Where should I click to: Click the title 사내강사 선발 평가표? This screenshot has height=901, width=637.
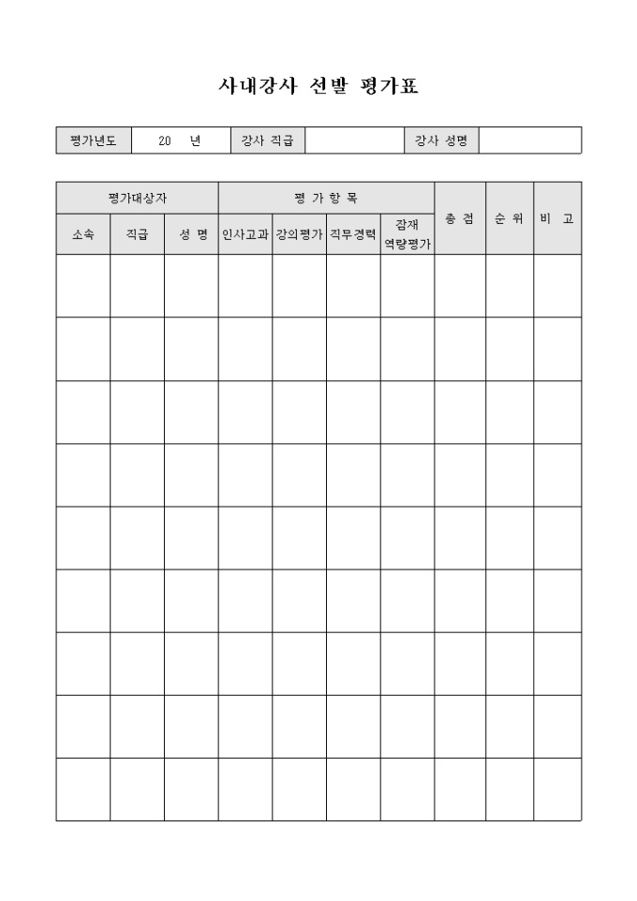point(318,86)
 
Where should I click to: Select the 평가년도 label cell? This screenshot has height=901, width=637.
point(94,140)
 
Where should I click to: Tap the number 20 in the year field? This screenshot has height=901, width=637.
point(165,140)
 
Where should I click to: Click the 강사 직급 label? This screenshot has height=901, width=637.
point(268,140)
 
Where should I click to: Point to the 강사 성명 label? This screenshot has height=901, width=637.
point(441,140)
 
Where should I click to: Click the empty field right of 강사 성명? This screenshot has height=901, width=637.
point(529,140)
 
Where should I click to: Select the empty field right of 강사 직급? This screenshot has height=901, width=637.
point(354,140)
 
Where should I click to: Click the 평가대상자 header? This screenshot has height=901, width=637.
point(137,198)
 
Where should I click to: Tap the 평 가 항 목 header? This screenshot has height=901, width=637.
point(326,198)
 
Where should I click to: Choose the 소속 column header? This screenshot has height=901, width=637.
point(82,235)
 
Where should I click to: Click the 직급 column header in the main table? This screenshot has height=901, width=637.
point(137,235)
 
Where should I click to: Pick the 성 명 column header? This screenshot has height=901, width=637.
point(191,235)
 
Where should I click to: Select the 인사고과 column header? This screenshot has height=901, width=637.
point(245,235)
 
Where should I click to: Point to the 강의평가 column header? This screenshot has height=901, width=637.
point(299,235)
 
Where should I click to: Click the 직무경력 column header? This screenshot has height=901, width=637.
point(353,235)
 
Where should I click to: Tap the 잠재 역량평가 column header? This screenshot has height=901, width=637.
point(407,234)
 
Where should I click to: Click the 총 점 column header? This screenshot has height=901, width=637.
point(459,218)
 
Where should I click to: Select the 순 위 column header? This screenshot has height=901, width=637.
point(510,218)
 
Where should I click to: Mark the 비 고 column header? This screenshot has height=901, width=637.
point(557,218)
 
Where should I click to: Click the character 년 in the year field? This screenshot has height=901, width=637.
point(195,140)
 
